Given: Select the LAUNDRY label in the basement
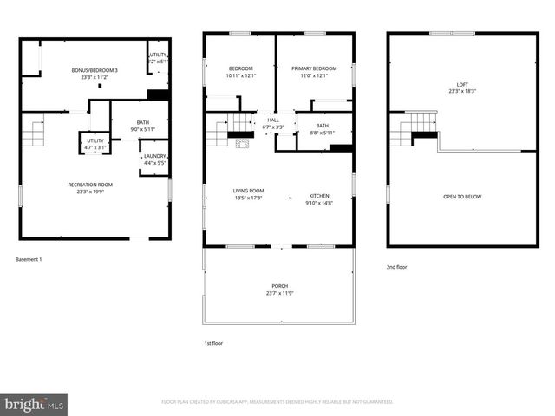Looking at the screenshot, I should pos(154,159).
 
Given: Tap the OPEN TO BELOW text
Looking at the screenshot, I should pos(462,197).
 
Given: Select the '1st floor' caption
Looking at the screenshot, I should pos(213,344).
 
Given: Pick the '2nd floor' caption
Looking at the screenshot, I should pos(397,268).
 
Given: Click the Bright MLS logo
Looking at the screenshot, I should pos(34,403).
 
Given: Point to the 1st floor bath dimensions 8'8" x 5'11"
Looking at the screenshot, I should pos(322,133).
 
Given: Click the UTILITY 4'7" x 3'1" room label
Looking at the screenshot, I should pos(95,144).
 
